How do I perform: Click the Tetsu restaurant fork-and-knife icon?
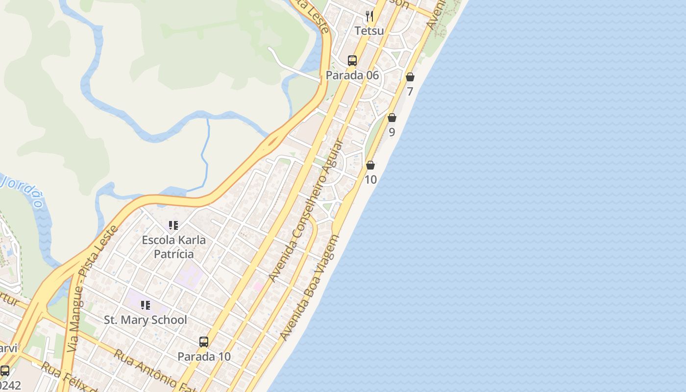pos(369,16)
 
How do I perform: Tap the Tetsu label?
pos(369,31)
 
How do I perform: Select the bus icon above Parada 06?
pos(352,61)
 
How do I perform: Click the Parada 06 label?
pos(352,75)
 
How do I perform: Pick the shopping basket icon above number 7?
pos(410,77)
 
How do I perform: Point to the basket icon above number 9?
pos(392,118)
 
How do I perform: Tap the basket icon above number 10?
pos(370,165)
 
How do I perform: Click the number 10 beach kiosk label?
pos(370,180)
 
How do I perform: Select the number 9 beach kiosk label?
pos(392,132)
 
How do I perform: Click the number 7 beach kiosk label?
pos(410,92)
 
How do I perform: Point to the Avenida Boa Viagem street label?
pos(310,288)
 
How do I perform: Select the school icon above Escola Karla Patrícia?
pos(173,225)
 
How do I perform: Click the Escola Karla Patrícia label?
pos(173,247)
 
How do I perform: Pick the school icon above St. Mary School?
pos(146,305)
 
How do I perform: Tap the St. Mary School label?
pos(146,320)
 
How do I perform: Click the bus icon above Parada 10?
pos(204,342)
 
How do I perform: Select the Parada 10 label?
pos(204,357)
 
